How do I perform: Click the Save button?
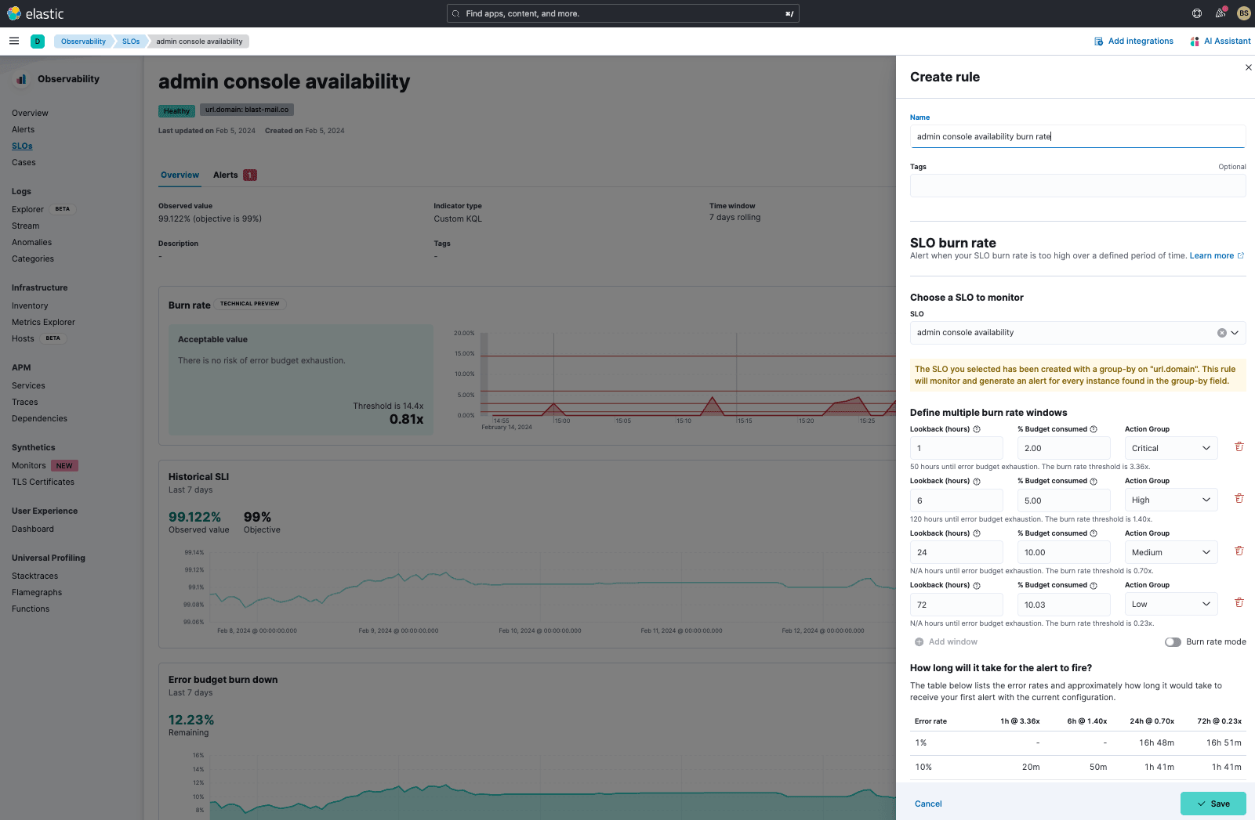pos(1213,804)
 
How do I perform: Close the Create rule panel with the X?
pos(1248,67)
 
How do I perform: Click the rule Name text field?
pos(1077,136)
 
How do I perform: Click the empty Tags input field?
pos(1077,186)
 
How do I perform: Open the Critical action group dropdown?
pos(1170,448)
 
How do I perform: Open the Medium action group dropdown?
pos(1170,552)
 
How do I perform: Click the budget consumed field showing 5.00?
pos(1063,500)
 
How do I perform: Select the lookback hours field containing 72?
pos(956,605)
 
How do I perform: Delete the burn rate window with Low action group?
pos(1239,603)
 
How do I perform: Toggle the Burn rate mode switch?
pos(1173,642)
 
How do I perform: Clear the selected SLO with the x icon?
pos(1221,333)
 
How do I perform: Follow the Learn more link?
pos(1211,256)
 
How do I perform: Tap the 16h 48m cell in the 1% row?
pos(1156,742)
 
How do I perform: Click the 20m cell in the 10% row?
pos(1031,767)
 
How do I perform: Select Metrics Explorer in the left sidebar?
pos(43,322)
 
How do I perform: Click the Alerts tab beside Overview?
pos(226,175)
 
